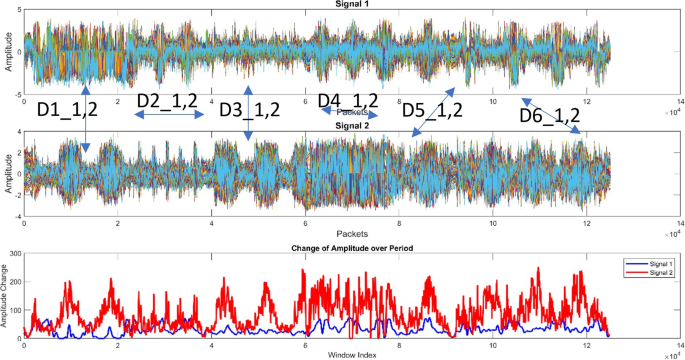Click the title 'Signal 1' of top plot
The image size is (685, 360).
[348, 5]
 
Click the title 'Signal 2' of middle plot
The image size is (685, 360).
[348, 127]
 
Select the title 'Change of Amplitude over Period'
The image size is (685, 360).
[348, 247]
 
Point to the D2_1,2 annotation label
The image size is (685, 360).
[167, 100]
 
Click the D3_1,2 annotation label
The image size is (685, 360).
[250, 109]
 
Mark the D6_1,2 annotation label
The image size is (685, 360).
[551, 116]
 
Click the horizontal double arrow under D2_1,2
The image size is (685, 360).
[167, 116]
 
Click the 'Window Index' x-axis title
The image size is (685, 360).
[348, 354]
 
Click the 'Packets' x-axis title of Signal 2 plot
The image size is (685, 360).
[348, 231]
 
